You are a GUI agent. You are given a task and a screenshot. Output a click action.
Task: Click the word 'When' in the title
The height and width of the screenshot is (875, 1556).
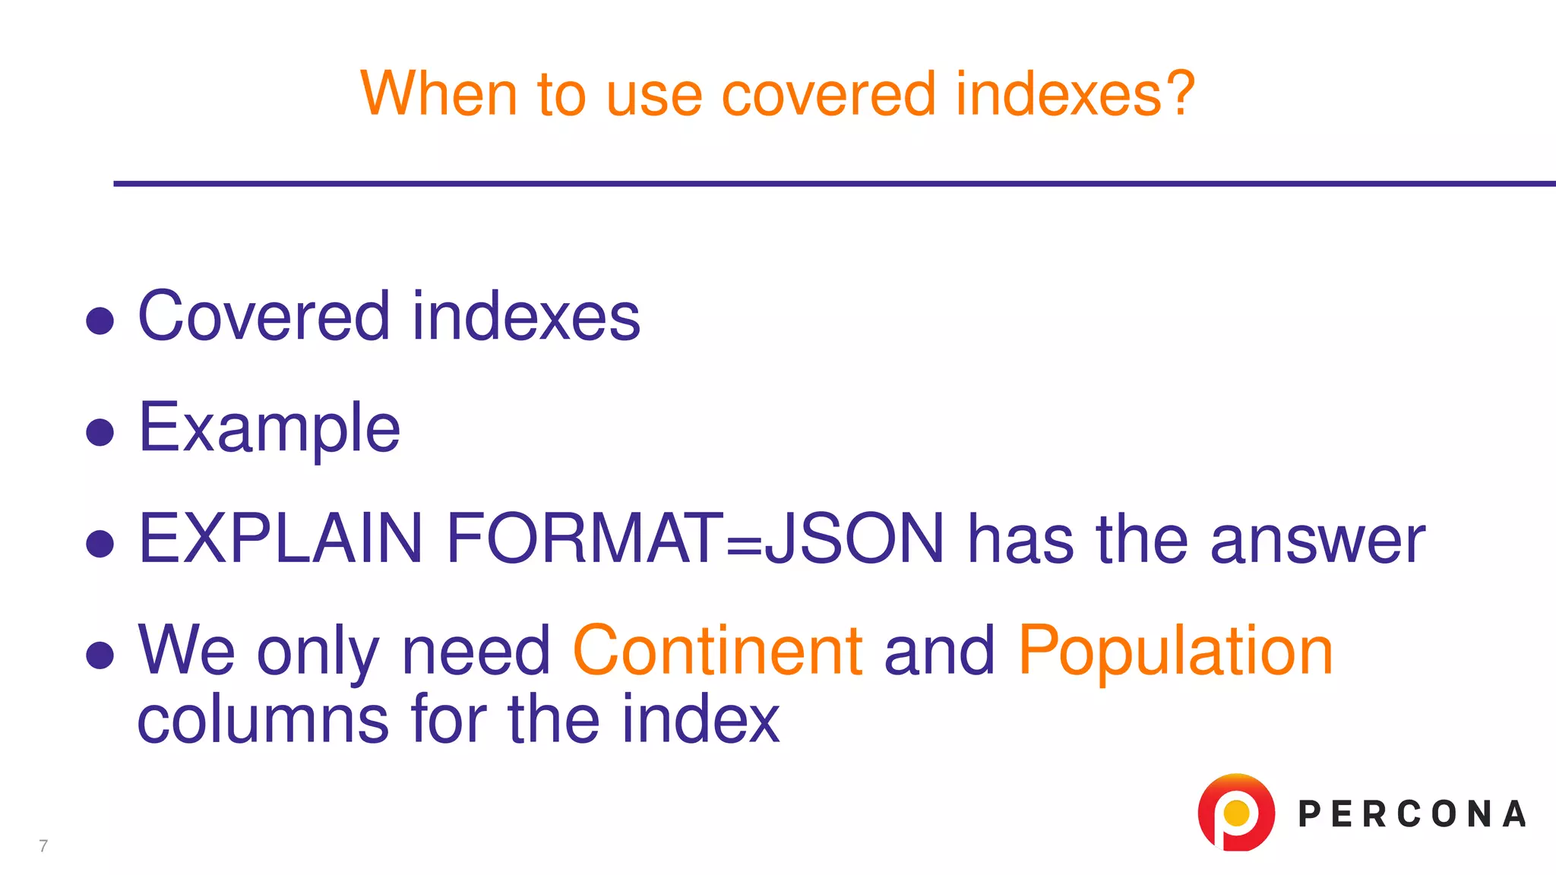click(438, 94)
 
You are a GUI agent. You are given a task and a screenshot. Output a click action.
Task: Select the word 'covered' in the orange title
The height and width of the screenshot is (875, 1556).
click(828, 94)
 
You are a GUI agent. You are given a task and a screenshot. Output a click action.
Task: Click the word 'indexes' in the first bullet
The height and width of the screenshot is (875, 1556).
click(526, 316)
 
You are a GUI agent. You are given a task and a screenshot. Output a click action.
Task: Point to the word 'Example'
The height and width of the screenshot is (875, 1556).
click(269, 428)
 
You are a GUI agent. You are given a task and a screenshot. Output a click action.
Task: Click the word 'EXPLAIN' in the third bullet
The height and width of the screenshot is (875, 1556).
click(280, 539)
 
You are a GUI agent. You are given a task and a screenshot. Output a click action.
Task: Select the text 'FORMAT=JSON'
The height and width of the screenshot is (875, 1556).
click(695, 539)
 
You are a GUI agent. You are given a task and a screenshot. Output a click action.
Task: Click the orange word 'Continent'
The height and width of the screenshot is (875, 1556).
click(717, 650)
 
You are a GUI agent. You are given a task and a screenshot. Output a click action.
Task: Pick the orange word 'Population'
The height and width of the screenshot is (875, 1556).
click(1175, 652)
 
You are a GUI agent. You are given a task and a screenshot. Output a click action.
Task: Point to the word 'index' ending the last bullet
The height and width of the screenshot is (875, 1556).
click(701, 719)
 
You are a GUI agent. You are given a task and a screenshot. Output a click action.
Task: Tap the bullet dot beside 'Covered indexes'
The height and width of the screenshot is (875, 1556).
click(100, 321)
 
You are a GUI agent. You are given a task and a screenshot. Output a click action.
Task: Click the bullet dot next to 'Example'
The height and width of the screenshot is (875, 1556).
click(100, 432)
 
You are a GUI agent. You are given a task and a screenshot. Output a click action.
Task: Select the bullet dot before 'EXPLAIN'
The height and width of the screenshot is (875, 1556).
click(100, 544)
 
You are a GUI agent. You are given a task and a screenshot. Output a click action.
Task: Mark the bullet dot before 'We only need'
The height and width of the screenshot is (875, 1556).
click(100, 655)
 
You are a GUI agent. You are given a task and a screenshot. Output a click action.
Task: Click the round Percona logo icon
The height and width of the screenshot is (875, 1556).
click(1235, 813)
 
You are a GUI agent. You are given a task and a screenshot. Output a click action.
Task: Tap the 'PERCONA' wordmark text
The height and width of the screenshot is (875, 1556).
click(1412, 814)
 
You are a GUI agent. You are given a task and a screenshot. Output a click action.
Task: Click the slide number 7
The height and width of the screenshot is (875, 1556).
click(43, 846)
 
